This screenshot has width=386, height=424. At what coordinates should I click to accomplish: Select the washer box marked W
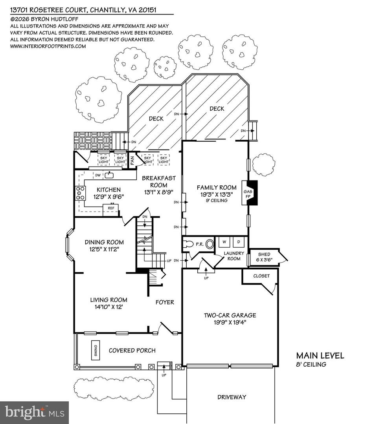224,241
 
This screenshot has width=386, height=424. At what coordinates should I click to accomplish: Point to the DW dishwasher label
98,175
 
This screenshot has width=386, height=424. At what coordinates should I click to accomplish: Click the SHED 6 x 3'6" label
264,257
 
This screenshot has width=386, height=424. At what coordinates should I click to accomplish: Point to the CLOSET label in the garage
261,276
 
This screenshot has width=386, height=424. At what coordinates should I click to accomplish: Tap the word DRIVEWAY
232,397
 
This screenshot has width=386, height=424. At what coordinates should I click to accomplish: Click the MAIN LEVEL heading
320,356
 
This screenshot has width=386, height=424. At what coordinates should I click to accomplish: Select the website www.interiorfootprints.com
48,46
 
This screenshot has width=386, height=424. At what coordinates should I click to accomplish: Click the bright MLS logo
34,413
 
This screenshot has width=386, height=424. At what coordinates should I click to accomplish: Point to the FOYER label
165,302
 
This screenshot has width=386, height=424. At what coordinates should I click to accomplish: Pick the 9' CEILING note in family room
217,200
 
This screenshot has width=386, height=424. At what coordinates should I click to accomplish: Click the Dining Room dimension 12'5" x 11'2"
104,249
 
